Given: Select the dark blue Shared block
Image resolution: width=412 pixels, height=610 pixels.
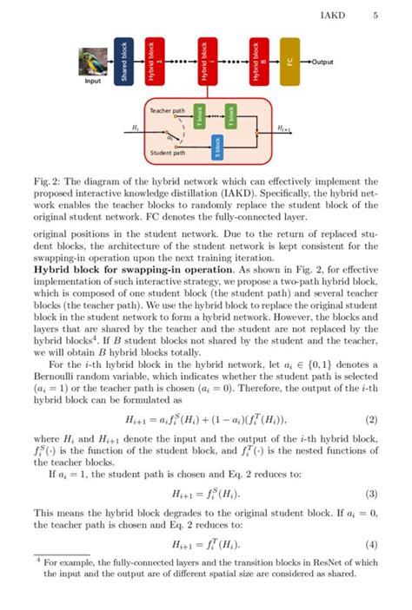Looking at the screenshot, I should pyautogui.click(x=123, y=62).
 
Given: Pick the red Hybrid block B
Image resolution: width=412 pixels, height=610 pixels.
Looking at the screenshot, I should pyautogui.click(x=256, y=62).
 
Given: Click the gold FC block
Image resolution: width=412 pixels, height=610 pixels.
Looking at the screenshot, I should pyautogui.click(x=289, y=62).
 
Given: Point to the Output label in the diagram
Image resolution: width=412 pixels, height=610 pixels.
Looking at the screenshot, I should pyautogui.click(x=322, y=62).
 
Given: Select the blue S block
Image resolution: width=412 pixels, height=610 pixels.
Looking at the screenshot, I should pyautogui.click(x=217, y=148).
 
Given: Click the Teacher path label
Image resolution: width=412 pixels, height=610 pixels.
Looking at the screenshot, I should pyautogui.click(x=167, y=112).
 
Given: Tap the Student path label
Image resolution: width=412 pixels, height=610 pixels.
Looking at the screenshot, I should pyautogui.click(x=167, y=153).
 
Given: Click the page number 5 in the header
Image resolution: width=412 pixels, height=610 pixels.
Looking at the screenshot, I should pyautogui.click(x=375, y=15).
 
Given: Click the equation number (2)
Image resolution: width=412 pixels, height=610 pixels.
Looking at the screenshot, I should pyautogui.click(x=372, y=420).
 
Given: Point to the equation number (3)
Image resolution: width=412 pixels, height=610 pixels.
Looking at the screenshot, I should pyautogui.click(x=372, y=494).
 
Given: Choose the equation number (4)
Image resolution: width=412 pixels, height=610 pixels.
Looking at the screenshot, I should pyautogui.click(x=372, y=544).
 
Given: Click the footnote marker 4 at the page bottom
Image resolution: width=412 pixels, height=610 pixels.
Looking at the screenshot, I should pyautogui.click(x=38, y=561).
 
